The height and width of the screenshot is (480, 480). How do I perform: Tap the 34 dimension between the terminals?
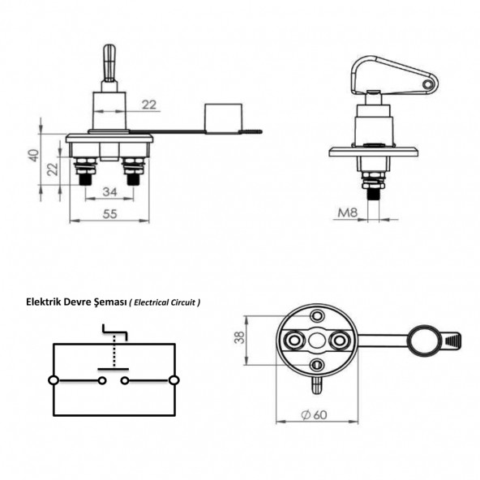point(109,191)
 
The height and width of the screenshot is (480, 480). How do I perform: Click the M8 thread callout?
point(347,213)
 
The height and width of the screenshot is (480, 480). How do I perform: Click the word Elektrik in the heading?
point(47,302)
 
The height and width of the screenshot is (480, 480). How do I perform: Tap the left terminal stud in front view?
point(84,174)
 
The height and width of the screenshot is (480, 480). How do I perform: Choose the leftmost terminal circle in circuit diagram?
point(54,379)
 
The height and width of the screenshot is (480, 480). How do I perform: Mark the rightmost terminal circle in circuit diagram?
point(174,379)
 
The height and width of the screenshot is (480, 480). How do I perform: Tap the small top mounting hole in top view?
point(316,315)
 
